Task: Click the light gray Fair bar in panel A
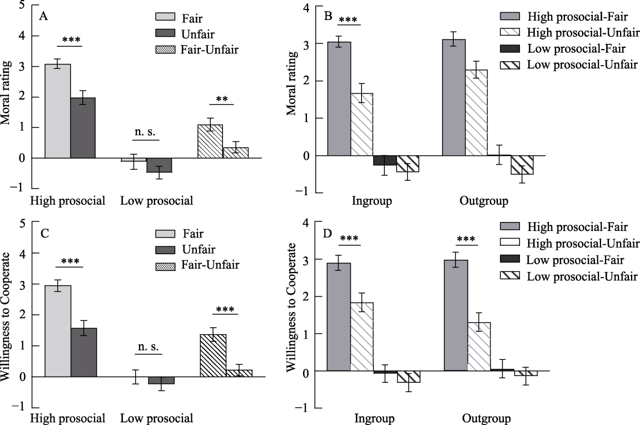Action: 57,111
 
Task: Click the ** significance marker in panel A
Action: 222,99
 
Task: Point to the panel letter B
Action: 328,17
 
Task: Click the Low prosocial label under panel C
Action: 157,418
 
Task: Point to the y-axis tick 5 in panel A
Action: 22,6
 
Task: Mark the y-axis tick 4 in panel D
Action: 305,223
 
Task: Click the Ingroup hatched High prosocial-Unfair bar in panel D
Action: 362,336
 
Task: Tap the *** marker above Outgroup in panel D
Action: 465,240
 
